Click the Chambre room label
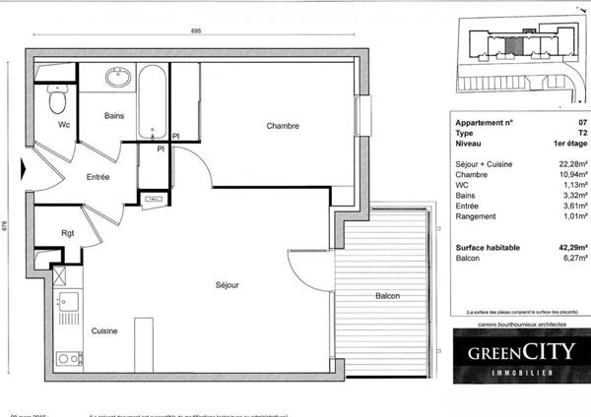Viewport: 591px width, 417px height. [282, 126]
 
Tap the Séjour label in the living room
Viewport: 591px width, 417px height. [228, 285]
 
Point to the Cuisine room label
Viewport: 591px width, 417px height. [105, 331]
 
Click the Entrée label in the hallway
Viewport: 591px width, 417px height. [98, 177]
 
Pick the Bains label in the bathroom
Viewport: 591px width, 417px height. [114, 116]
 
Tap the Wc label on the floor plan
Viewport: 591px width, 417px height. [63, 125]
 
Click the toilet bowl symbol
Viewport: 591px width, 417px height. [58, 99]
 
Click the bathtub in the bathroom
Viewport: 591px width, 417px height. [152, 101]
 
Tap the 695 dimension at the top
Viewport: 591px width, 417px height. [197, 32]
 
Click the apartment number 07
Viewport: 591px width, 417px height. [581, 122]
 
